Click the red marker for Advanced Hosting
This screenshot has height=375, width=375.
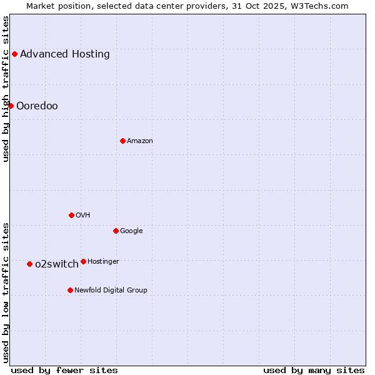14,54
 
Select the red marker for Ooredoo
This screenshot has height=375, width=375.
11,106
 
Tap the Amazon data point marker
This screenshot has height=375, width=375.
122,141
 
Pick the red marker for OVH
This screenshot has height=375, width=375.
71,215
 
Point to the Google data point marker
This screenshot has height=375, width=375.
116,231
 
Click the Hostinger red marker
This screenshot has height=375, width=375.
83,261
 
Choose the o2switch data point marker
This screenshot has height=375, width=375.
29,264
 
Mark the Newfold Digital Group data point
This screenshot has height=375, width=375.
70,290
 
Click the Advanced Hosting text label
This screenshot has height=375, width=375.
65,54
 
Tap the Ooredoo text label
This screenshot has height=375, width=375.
37,106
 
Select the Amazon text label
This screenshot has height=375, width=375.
140,141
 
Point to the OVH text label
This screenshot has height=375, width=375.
83,215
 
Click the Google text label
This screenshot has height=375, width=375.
131,231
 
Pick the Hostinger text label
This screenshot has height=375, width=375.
103,261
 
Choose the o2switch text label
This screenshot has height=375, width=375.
57,264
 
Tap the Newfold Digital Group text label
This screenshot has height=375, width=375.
111,290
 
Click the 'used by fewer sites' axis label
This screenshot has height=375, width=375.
64,370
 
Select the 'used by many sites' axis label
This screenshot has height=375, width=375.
314,370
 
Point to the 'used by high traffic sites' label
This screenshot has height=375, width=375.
6,89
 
